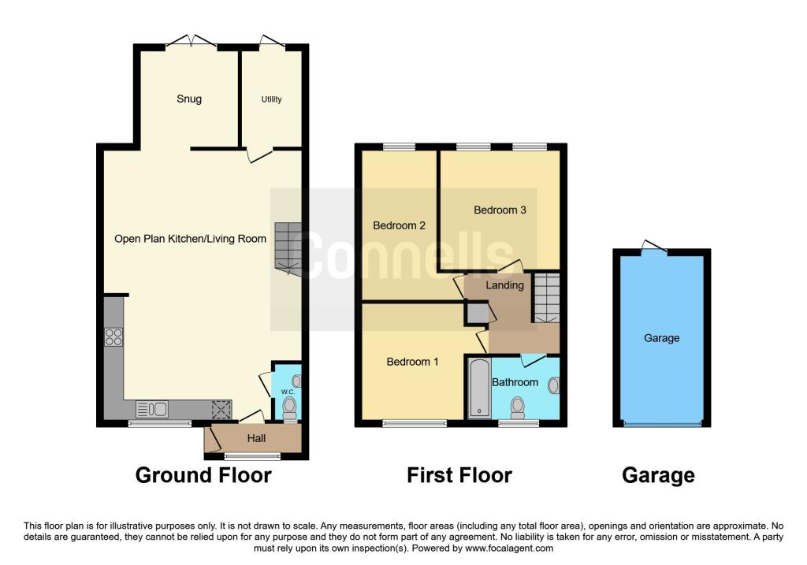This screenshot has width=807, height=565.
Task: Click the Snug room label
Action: (x=188, y=99)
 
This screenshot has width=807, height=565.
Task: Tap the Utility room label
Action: (x=271, y=99)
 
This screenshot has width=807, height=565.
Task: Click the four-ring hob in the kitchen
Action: (x=113, y=336)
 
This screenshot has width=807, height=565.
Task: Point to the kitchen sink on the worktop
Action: (x=152, y=409)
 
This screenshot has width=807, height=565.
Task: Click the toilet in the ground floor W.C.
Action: (x=289, y=407)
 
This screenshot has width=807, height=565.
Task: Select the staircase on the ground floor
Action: (x=288, y=247)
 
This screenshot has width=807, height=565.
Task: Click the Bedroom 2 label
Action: (x=399, y=225)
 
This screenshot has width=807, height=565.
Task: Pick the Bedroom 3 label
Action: (x=500, y=210)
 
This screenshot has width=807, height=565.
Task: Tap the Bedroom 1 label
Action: (x=412, y=362)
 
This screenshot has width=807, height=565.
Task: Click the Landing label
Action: (x=504, y=285)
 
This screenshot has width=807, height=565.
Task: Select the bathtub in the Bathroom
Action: (x=478, y=388)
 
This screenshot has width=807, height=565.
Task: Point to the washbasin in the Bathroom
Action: (x=553, y=385)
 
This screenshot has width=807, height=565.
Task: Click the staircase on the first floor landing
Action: (x=545, y=298)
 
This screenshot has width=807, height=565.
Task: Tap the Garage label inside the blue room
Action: (x=661, y=338)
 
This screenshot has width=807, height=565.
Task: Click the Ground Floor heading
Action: (x=203, y=475)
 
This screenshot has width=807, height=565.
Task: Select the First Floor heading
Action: (x=459, y=475)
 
